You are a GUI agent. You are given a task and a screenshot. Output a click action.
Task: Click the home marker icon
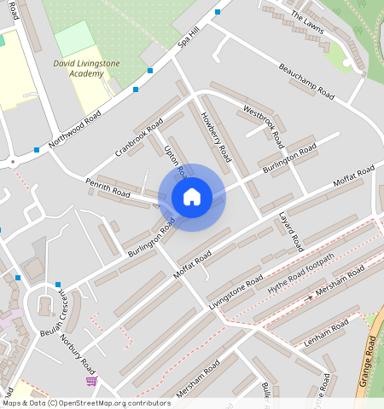tap(192, 198)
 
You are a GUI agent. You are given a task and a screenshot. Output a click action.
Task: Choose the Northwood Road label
tap(75, 128)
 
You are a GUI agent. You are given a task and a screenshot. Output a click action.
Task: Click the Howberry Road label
tap(216, 137)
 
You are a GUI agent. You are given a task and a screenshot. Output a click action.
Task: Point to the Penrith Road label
tap(107, 188)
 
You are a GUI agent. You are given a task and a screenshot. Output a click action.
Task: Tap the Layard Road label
tap(291, 231)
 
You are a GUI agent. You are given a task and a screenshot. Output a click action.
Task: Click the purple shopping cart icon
tap(91, 380)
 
